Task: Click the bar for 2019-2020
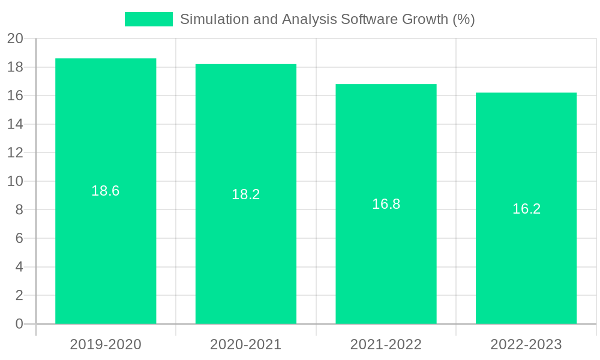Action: click(106, 252)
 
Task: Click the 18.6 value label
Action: click(106, 191)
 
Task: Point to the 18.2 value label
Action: click(246, 194)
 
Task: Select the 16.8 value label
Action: click(386, 204)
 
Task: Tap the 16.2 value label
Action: click(526, 209)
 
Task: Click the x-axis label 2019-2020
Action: click(106, 344)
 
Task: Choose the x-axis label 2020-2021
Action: click(246, 344)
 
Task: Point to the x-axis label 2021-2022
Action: click(386, 344)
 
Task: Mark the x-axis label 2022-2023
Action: click(526, 344)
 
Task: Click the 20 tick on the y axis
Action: click(15, 39)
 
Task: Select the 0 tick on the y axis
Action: click(19, 324)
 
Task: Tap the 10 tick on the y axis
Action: click(15, 181)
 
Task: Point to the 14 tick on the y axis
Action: click(15, 124)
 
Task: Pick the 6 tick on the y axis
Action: click(19, 238)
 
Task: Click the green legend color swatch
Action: click(148, 19)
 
